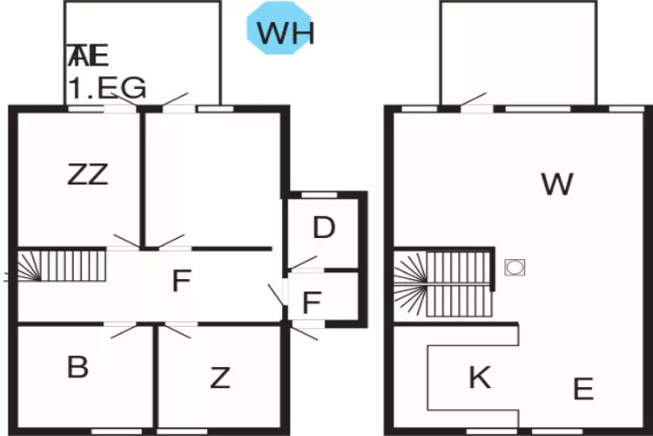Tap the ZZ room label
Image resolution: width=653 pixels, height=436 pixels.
[x=88, y=174]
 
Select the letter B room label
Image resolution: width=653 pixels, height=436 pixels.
[x=77, y=367]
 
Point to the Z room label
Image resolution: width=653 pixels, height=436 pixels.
[x=220, y=378]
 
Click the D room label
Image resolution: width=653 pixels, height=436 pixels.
[x=324, y=228]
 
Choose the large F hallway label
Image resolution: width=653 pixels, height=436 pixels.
[x=181, y=282]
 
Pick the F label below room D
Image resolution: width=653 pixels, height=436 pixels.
[x=312, y=303]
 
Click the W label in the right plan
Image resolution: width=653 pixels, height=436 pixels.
[x=556, y=184]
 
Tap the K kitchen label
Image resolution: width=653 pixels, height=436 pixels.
[x=479, y=378]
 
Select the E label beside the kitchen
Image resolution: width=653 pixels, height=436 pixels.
[x=583, y=388]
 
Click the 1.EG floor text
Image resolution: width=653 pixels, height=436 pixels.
[x=107, y=87]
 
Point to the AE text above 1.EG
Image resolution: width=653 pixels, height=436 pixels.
[x=88, y=57]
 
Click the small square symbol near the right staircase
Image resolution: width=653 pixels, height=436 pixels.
[x=514, y=267]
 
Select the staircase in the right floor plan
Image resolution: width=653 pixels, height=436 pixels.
[x=444, y=283]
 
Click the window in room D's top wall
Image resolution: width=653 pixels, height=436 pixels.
[x=324, y=194]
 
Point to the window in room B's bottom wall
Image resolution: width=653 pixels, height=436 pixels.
[x=115, y=431]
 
